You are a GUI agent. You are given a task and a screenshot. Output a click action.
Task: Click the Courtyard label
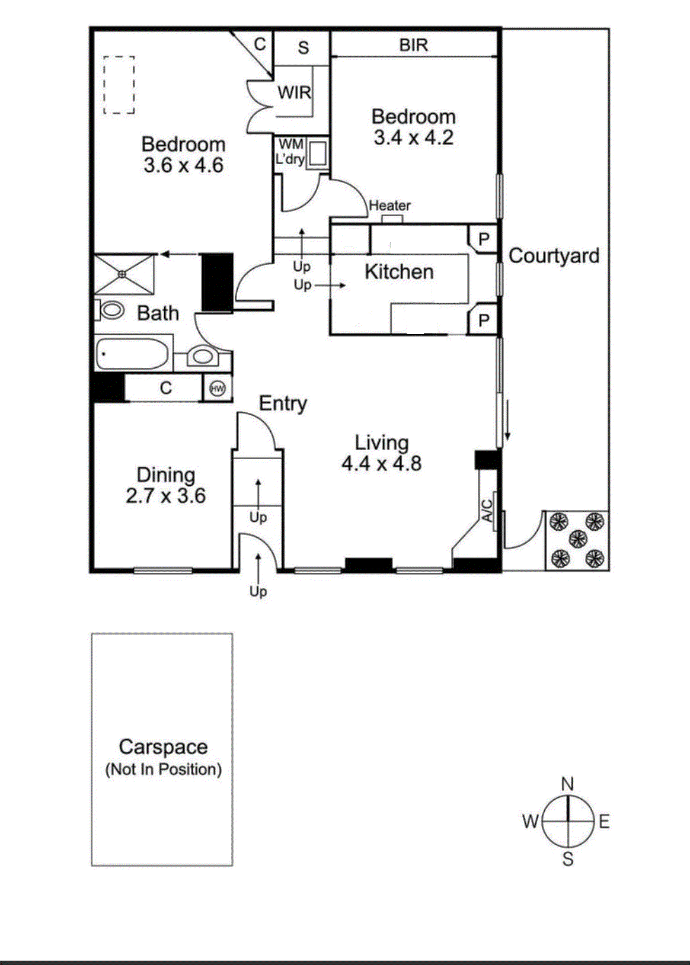(554, 256)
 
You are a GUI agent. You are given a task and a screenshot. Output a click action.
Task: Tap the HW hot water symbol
(218, 389)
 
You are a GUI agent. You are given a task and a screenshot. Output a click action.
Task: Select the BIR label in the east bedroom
(413, 45)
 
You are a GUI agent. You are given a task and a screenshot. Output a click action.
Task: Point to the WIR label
(295, 92)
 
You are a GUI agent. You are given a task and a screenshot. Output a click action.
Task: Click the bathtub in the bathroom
(132, 354)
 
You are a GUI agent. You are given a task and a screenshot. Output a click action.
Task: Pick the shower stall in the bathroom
(124, 274)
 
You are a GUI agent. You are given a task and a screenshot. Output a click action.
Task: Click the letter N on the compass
(568, 784)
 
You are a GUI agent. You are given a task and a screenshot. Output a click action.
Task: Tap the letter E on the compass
(604, 822)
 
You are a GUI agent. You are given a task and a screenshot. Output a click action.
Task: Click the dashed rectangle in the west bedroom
(119, 85)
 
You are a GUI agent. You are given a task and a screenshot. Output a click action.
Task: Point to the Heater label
(389, 206)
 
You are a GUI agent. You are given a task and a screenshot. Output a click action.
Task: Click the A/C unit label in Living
(487, 511)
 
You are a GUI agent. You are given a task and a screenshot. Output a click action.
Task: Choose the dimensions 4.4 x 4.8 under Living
(381, 464)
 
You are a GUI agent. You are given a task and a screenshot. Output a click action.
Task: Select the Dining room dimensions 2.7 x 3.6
(165, 495)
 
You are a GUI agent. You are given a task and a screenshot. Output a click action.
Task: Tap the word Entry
(283, 403)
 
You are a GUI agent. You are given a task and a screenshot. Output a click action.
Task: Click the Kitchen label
(399, 272)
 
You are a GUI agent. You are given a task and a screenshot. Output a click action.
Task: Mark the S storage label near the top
(304, 47)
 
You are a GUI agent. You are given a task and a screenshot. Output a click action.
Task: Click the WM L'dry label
(290, 152)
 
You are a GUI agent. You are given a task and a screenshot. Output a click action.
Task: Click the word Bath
(158, 313)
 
